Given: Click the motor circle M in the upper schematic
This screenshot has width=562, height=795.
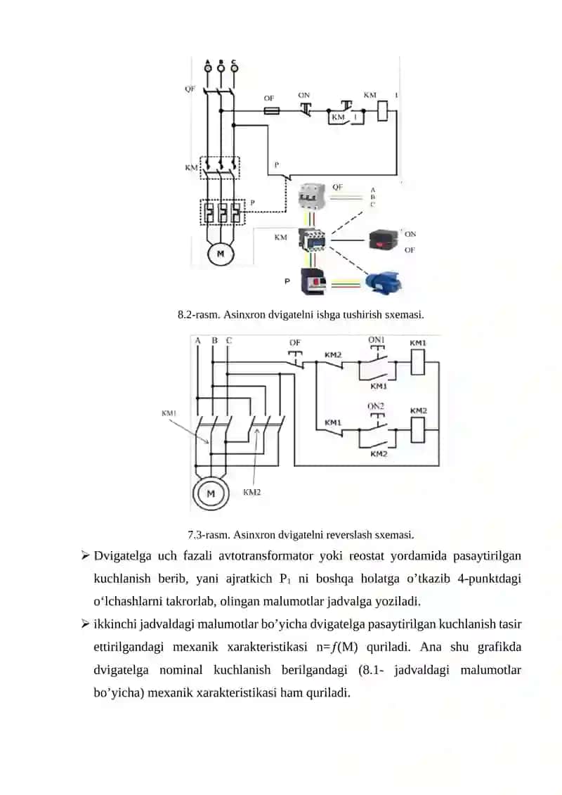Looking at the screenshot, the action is point(221,254).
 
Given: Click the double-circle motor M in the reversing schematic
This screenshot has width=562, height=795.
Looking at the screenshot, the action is point(211,493).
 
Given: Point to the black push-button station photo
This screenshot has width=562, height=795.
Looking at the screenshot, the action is point(385,240).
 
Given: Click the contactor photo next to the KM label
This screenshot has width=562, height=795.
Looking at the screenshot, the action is point(313,239).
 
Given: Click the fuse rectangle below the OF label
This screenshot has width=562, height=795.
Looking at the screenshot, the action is point(271,110).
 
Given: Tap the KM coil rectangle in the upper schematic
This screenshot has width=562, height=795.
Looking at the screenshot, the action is point(383,112).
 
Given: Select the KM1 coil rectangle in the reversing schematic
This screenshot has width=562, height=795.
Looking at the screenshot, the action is point(417,362).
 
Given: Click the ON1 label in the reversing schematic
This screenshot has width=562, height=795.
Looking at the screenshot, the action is point(376,340).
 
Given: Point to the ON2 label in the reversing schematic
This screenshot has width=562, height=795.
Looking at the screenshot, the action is point(376,406).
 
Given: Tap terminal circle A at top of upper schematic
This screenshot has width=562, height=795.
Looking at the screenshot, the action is point(208,67).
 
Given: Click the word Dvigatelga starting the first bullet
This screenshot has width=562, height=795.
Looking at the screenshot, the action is point(122,556).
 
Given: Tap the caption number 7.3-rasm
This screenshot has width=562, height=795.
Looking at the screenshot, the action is point(208,534).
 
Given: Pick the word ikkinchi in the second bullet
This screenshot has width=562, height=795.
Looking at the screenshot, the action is point(115,624).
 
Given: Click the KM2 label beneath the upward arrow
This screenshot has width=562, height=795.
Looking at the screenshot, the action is point(252,492).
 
